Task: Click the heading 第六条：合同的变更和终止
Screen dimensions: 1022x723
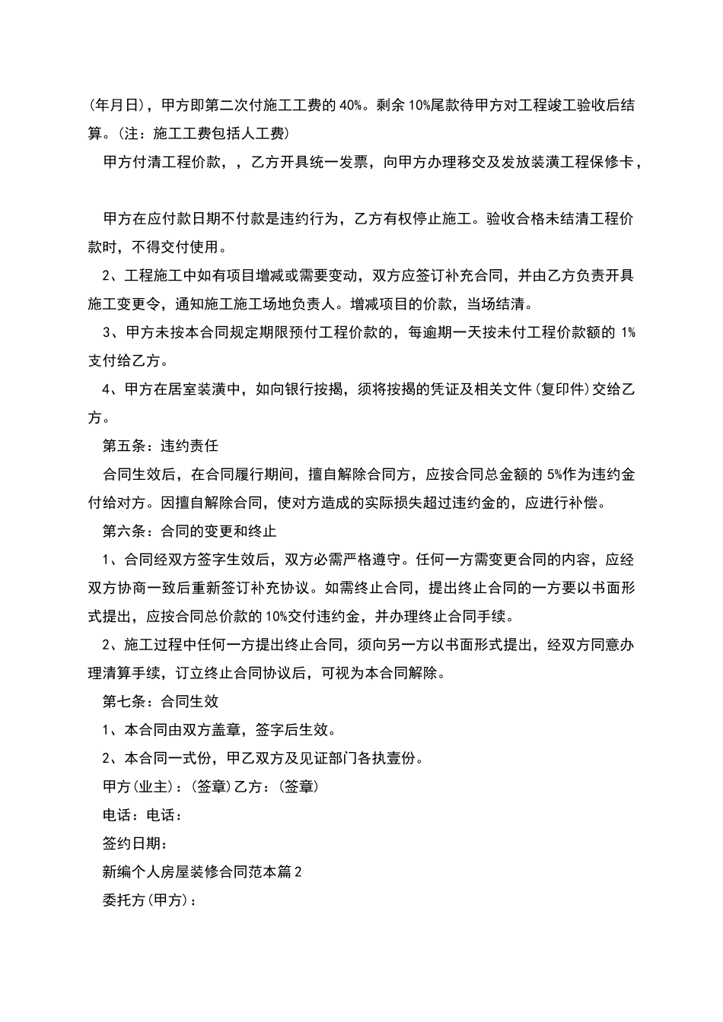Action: click(x=190, y=531)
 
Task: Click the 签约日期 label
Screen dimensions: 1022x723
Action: click(x=135, y=843)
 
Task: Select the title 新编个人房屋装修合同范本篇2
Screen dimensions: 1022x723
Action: click(x=202, y=872)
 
